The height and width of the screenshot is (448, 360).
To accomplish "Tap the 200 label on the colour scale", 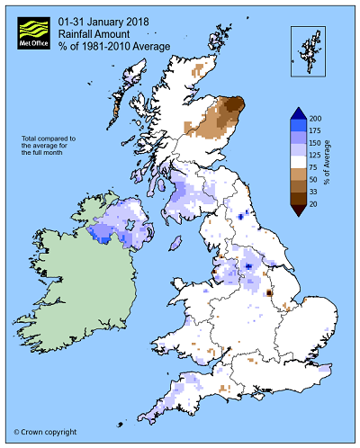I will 316,119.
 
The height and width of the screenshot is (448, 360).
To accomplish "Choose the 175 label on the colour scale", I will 316,132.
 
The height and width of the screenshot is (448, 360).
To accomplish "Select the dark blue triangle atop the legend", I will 298,113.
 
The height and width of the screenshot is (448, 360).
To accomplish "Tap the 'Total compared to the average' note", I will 54,147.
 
